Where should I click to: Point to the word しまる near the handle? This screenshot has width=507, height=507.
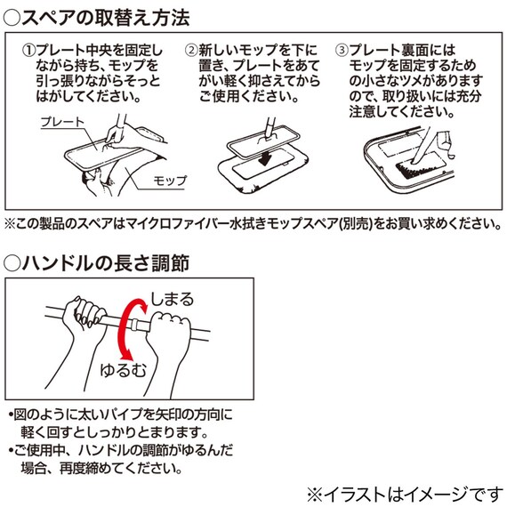[171, 299]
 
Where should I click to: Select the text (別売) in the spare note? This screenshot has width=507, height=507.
[355, 223]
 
